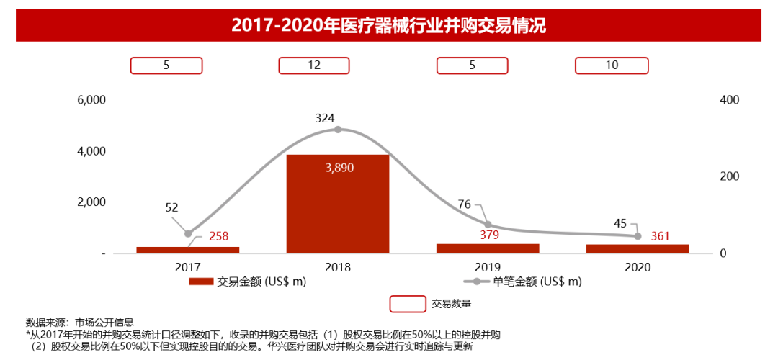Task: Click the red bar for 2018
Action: coord(337,209)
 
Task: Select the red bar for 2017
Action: coord(187,250)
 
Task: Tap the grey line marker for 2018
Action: coord(337,130)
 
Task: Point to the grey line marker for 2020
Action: coord(638,236)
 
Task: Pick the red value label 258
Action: coord(219,235)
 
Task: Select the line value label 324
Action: coord(326,117)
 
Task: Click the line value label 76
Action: coord(465,204)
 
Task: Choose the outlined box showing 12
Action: coord(314,66)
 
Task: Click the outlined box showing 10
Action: coord(612,66)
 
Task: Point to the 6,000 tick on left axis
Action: coord(91,100)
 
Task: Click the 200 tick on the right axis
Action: coord(729,176)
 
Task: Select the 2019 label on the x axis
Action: coord(488,266)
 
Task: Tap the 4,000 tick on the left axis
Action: coord(91,151)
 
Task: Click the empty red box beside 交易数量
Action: coord(408,304)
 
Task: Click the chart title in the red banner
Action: coord(388,26)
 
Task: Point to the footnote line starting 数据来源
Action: coord(79,322)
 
